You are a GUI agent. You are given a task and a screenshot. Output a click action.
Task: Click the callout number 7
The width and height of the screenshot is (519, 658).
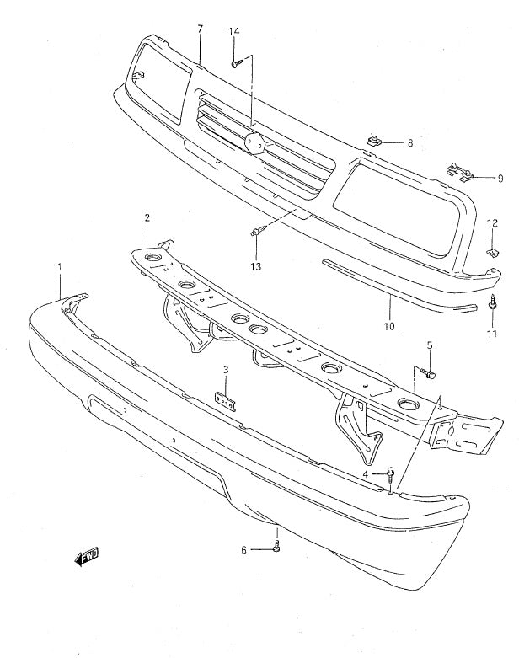pos(200,29)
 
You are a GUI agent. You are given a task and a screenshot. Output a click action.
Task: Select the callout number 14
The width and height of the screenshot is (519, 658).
pos(233,32)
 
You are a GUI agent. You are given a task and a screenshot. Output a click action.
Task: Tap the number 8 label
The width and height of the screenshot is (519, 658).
pos(409,143)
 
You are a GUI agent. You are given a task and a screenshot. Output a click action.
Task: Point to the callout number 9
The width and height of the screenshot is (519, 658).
pos(500,178)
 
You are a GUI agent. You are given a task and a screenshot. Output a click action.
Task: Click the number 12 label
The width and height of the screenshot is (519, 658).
pos(492,222)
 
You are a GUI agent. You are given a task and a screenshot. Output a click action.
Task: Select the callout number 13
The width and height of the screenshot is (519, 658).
pos(255,266)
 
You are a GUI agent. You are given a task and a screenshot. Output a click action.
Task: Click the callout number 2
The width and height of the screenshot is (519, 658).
pos(147,217)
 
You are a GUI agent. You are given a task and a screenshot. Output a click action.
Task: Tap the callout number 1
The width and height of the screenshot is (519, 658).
pos(60,267)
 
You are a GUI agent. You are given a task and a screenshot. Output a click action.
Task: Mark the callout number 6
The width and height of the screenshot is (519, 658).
pos(244,550)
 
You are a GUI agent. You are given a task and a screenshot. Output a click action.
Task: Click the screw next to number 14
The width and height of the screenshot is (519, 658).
pos(237,62)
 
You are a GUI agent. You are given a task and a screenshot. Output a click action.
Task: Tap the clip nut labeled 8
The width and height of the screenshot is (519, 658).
pos(372,139)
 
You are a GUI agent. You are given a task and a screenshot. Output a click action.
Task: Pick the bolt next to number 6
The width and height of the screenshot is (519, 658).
pos(276,548)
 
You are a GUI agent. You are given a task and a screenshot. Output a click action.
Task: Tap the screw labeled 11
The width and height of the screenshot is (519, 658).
pos(493,304)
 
